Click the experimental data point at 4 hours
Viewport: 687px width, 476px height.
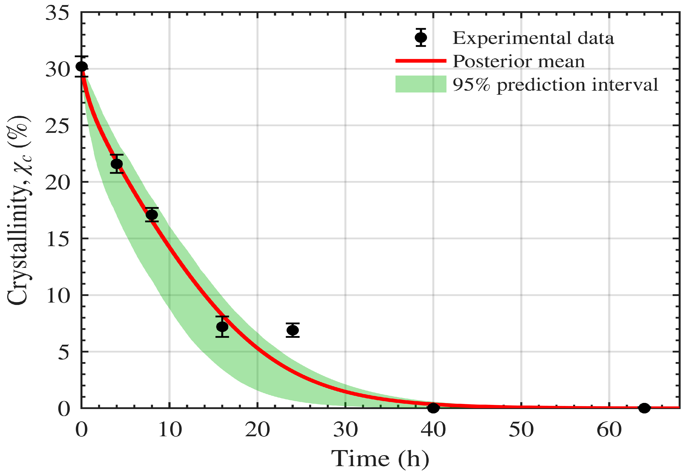tap(117, 164)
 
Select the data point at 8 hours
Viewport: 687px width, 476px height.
tap(152, 215)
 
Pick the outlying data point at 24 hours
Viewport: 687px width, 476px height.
tap(293, 330)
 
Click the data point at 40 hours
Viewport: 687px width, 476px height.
tap(433, 408)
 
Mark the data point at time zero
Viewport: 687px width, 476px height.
tap(82, 67)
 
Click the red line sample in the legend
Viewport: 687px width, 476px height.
tap(421, 61)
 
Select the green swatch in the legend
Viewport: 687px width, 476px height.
tap(421, 84)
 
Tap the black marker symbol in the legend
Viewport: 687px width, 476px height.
tap(421, 38)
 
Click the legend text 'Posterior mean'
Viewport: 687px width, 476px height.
tap(519, 61)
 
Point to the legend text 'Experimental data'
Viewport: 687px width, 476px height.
tap(533, 38)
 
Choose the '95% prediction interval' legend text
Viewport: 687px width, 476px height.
tap(555, 85)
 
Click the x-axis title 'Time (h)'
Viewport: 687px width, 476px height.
tap(380, 458)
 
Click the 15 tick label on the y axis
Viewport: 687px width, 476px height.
tap(58, 239)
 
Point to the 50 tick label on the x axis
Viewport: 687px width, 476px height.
tap(521, 430)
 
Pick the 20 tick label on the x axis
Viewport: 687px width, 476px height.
tap(257, 430)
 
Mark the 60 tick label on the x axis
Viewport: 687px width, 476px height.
tap(609, 430)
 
